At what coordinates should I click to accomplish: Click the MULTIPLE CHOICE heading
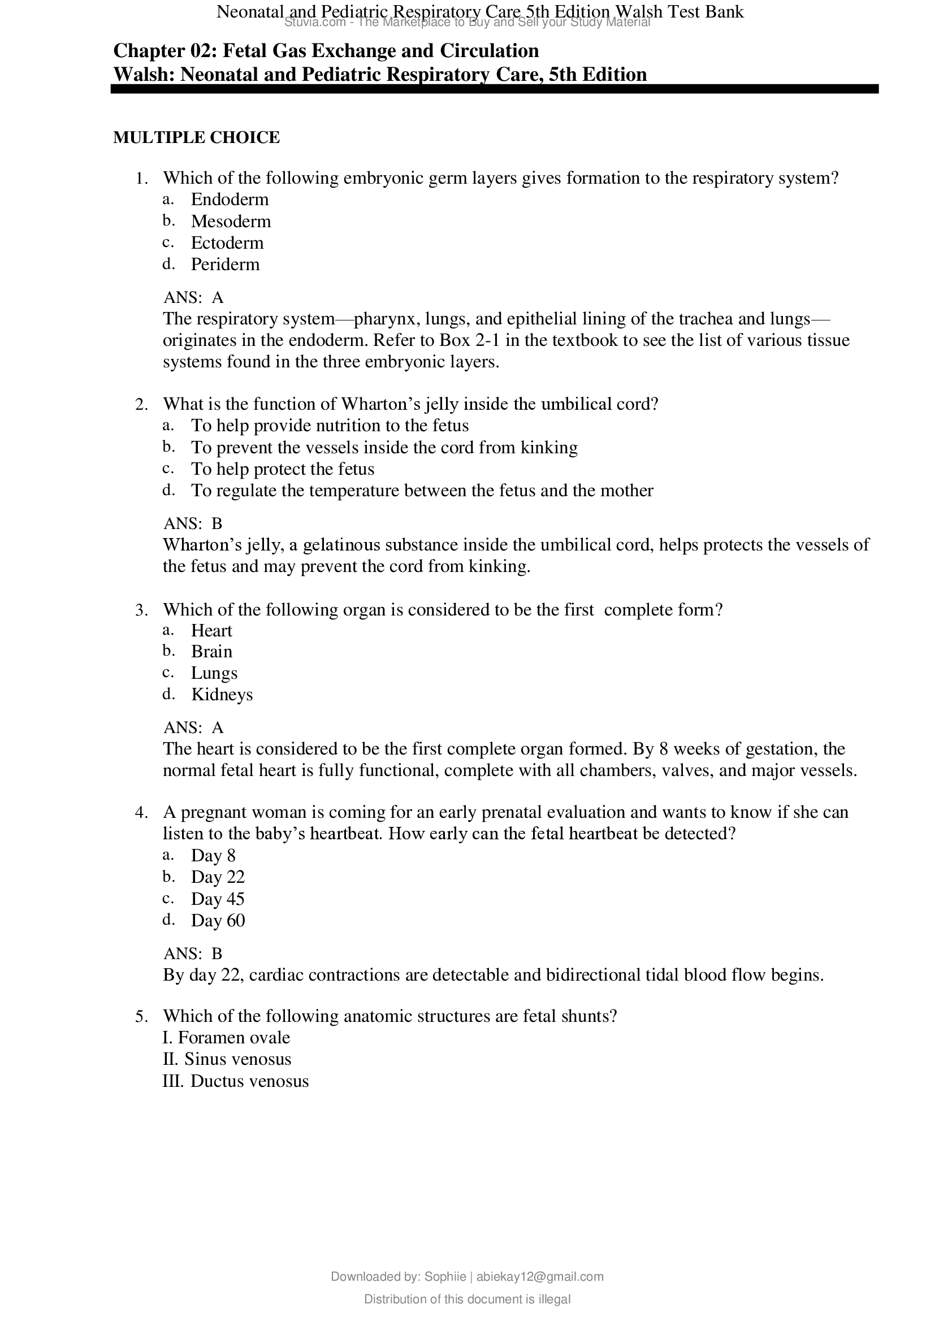click(x=196, y=137)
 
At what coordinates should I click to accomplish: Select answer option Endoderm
click(x=230, y=199)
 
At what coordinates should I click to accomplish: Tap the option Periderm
click(x=225, y=265)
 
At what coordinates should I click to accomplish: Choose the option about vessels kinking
click(x=384, y=448)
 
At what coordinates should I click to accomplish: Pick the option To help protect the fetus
click(x=282, y=469)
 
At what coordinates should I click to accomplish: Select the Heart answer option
click(x=211, y=631)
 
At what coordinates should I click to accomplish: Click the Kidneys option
click(x=222, y=695)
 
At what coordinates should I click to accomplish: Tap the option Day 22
click(x=218, y=877)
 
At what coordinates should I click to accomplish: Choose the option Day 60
click(x=218, y=920)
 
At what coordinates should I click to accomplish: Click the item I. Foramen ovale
click(x=226, y=1038)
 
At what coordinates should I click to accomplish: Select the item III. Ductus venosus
click(x=236, y=1081)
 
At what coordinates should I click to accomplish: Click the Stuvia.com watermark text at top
click(x=315, y=23)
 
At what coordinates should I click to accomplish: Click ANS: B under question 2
click(x=193, y=523)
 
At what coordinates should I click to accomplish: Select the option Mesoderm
click(x=231, y=221)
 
